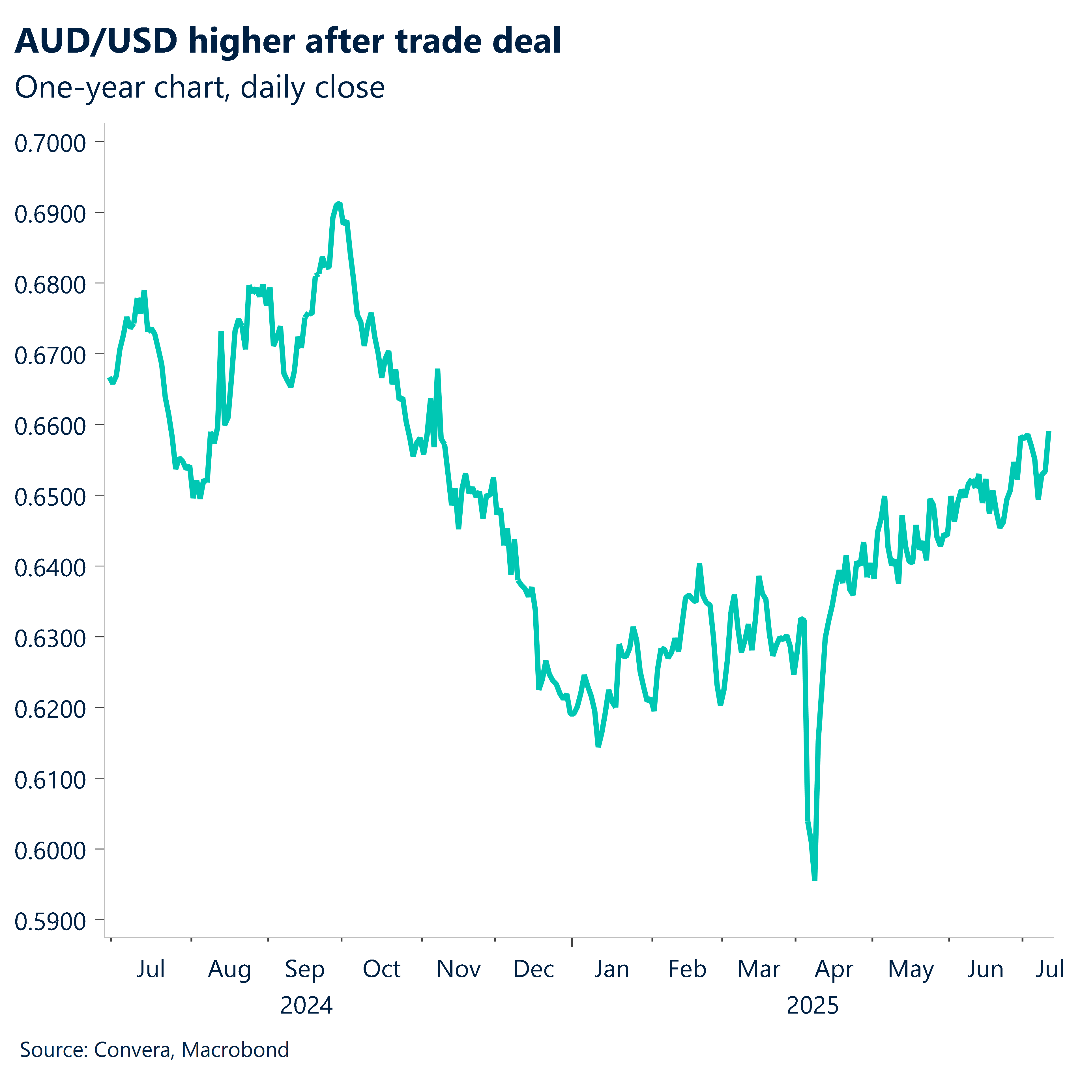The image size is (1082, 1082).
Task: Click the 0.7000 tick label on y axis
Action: [x=50, y=143]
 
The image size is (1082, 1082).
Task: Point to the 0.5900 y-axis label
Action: [x=50, y=921]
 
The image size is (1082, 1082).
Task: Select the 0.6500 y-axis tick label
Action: [x=50, y=497]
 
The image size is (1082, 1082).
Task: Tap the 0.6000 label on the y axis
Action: [x=50, y=851]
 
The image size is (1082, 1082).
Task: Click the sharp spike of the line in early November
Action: [x=438, y=371]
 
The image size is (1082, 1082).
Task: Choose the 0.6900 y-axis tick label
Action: [x=50, y=214]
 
